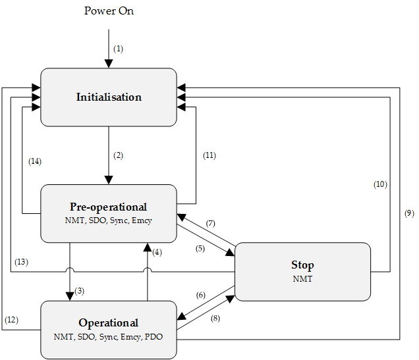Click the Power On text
pos(109,11)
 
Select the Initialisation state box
pos(109,97)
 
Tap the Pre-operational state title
pos(109,207)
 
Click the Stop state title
pos(302,265)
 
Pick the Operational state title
pos(109,322)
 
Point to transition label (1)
pos(118,49)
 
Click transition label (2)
pos(118,156)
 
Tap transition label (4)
pos(156,251)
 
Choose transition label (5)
pos(200,249)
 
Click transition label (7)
pos(211,224)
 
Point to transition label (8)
pos(215,319)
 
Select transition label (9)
pos(408,214)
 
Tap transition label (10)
pos(380,184)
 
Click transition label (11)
pos(208,156)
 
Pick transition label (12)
pos(12,320)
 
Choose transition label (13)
pos(21,262)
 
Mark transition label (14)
pos(36,161)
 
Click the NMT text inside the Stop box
pos(302,279)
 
